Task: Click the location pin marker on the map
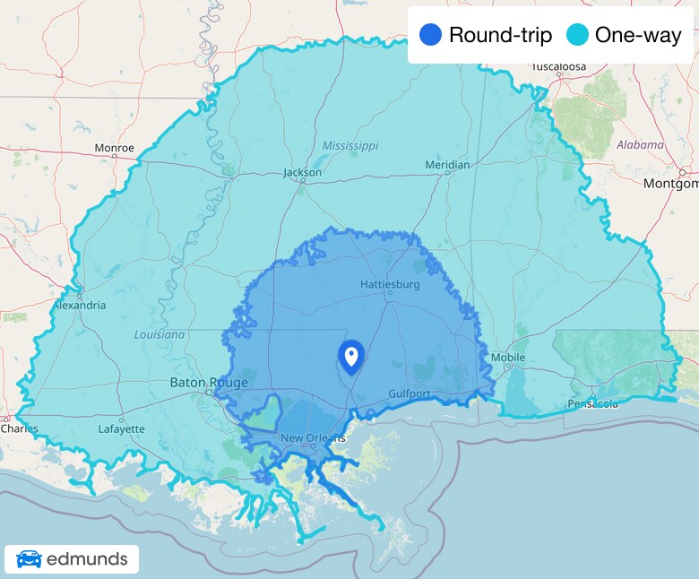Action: coord(351,357)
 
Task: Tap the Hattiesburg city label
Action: coord(390,284)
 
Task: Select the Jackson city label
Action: coord(302,172)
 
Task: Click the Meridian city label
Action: coord(447,165)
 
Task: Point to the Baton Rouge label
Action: coord(208,383)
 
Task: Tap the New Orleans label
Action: coord(313,437)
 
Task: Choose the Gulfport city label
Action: coord(410,393)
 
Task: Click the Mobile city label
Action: coord(508,358)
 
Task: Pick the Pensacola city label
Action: coord(592,404)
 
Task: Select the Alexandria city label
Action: coord(79,305)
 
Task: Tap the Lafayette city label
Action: coord(121,428)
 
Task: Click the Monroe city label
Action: coord(115,148)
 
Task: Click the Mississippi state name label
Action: coord(350,145)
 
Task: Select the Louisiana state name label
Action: coord(160,334)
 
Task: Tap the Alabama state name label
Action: coord(640,144)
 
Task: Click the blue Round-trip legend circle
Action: coord(430,35)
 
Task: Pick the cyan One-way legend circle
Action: coord(577,35)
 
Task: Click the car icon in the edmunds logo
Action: coord(29,560)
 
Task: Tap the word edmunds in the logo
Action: coord(86,560)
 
